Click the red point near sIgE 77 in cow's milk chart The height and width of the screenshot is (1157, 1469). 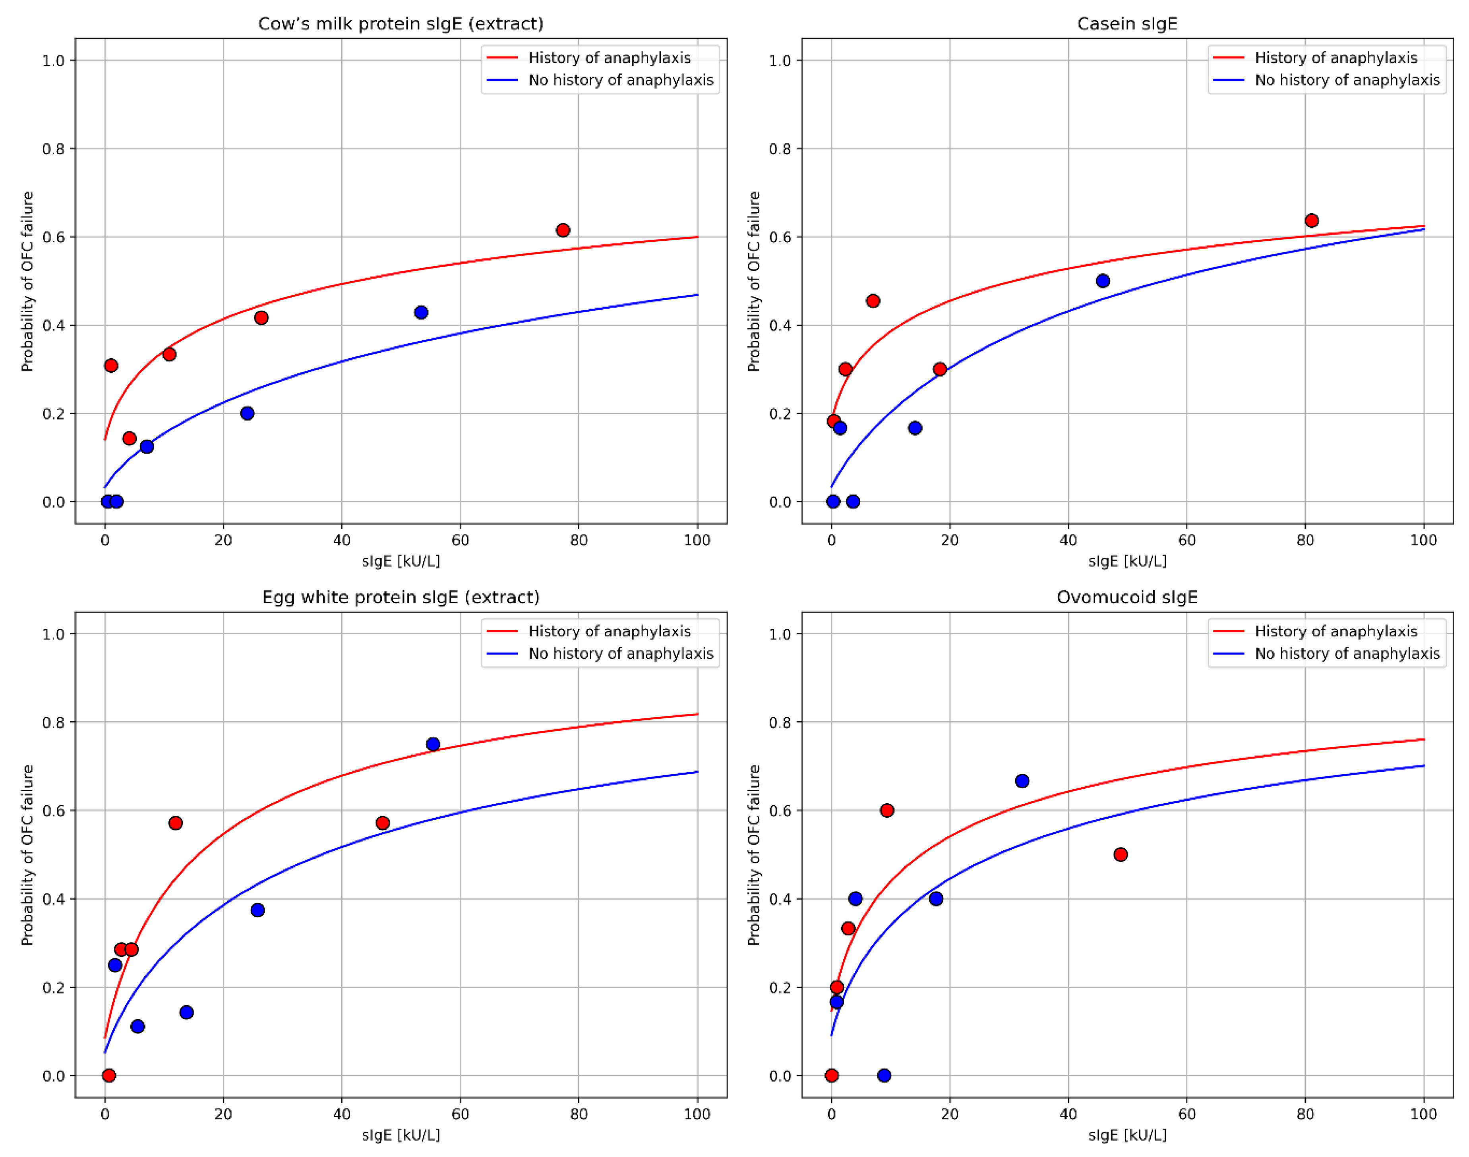point(562,230)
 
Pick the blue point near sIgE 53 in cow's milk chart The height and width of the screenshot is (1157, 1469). point(421,312)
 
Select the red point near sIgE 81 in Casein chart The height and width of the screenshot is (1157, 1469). point(1311,221)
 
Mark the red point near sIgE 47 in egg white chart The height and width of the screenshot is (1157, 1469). point(382,823)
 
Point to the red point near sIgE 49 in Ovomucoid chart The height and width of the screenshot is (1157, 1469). point(1121,855)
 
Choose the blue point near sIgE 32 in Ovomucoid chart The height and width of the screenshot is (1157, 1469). point(1022,781)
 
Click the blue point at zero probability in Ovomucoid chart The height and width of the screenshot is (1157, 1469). point(884,1076)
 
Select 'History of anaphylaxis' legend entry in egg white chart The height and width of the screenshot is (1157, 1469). point(609,632)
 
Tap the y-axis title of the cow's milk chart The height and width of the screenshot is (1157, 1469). point(27,281)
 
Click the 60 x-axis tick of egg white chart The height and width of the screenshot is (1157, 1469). point(460,1115)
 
